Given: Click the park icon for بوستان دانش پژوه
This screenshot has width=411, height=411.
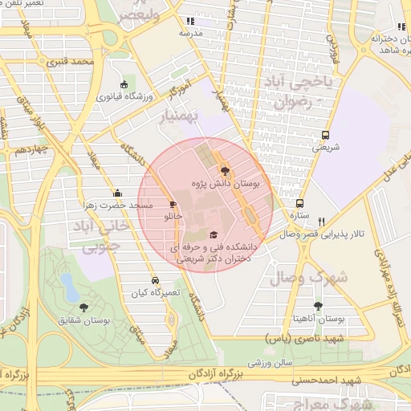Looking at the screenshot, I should coord(224,170).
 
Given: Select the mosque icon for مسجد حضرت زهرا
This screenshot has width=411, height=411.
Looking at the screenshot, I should coord(118,193).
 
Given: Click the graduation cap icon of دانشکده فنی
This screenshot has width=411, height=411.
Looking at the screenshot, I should coord(213,234).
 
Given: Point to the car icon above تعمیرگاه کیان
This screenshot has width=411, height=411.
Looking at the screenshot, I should coord(154,281).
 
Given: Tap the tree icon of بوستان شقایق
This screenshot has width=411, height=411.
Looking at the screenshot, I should coord(83,307).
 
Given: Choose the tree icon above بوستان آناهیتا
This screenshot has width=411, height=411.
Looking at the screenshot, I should coord(319,305).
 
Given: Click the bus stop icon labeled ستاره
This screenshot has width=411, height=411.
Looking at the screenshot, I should coord(300,204).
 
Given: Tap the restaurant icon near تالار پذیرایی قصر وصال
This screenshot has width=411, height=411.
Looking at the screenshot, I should coord(322,221).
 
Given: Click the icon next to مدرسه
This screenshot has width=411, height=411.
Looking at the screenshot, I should coord(189,22).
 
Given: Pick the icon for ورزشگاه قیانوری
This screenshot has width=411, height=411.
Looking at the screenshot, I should coord(124,84).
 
